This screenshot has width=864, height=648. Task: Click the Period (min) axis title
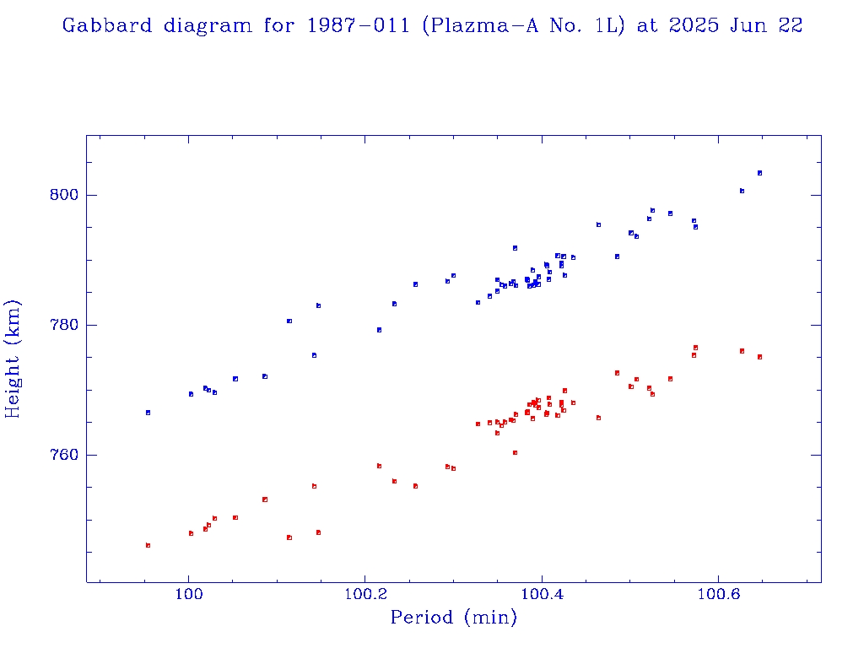453,618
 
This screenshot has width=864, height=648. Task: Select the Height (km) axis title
13,359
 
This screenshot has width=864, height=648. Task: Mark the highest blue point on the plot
759,173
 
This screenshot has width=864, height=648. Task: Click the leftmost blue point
148,413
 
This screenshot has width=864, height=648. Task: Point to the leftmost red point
148,545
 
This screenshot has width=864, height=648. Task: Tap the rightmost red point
759,357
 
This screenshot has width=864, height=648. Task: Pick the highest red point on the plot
695,348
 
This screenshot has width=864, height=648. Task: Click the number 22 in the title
790,25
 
